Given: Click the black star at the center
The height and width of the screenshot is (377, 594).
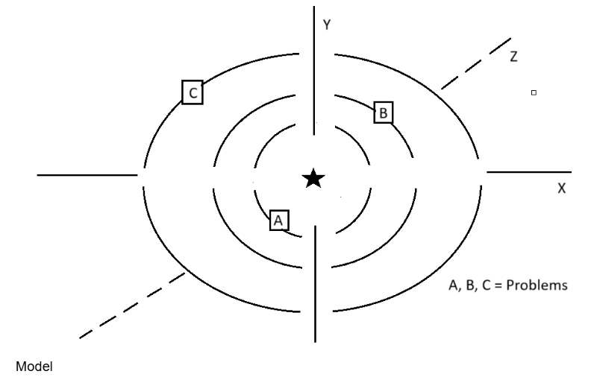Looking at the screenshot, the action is (313, 178).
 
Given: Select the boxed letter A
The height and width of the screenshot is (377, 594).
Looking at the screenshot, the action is (278, 220).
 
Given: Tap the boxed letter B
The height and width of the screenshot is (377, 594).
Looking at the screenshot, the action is (383, 113).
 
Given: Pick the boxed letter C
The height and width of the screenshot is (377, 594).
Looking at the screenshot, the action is (193, 92).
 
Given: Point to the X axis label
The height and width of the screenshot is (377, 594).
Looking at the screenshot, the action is (561, 189).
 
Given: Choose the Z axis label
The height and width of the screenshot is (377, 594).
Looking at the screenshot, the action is (513, 57).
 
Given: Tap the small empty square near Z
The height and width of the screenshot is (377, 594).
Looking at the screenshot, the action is (533, 92).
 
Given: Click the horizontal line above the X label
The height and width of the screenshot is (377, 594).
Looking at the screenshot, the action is (528, 171).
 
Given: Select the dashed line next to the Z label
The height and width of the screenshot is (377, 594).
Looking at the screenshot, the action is (476, 63).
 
